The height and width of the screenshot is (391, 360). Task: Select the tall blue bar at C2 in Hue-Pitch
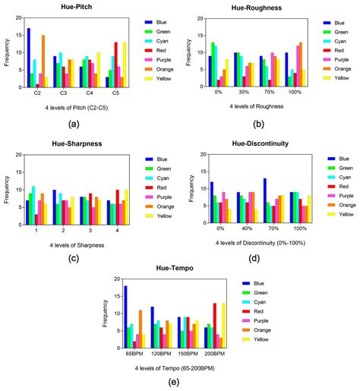[x=29, y=57]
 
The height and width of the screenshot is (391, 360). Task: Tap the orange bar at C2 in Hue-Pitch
[x=43, y=61]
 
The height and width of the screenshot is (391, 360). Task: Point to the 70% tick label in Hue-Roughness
[x=269, y=93]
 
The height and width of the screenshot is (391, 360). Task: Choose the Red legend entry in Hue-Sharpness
[x=160, y=187]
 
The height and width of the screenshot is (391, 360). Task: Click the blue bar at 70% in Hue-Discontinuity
[x=264, y=203]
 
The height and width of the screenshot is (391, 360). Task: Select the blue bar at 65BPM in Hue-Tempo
[x=125, y=318]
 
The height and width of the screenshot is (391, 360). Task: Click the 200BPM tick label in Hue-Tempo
[x=215, y=355]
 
